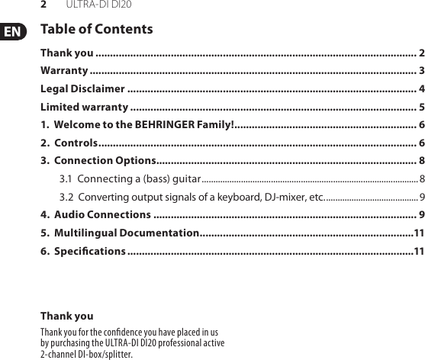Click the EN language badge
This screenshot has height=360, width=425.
(13, 32)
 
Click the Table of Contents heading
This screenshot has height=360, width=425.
(96, 30)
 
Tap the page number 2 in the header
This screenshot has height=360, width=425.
(44, 5)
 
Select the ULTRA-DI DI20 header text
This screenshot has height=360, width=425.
(98, 5)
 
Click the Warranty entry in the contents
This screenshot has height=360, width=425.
(64, 71)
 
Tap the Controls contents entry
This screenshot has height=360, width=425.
(75, 143)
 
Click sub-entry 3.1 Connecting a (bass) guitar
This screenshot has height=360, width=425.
(130, 178)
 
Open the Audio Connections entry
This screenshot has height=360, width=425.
(96, 214)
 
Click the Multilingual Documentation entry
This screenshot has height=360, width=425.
(126, 233)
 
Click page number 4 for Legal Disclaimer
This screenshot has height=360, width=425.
(422, 88)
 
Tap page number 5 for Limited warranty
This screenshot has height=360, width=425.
(422, 106)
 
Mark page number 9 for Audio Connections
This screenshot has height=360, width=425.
(422, 214)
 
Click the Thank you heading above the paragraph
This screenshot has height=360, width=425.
(67, 316)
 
